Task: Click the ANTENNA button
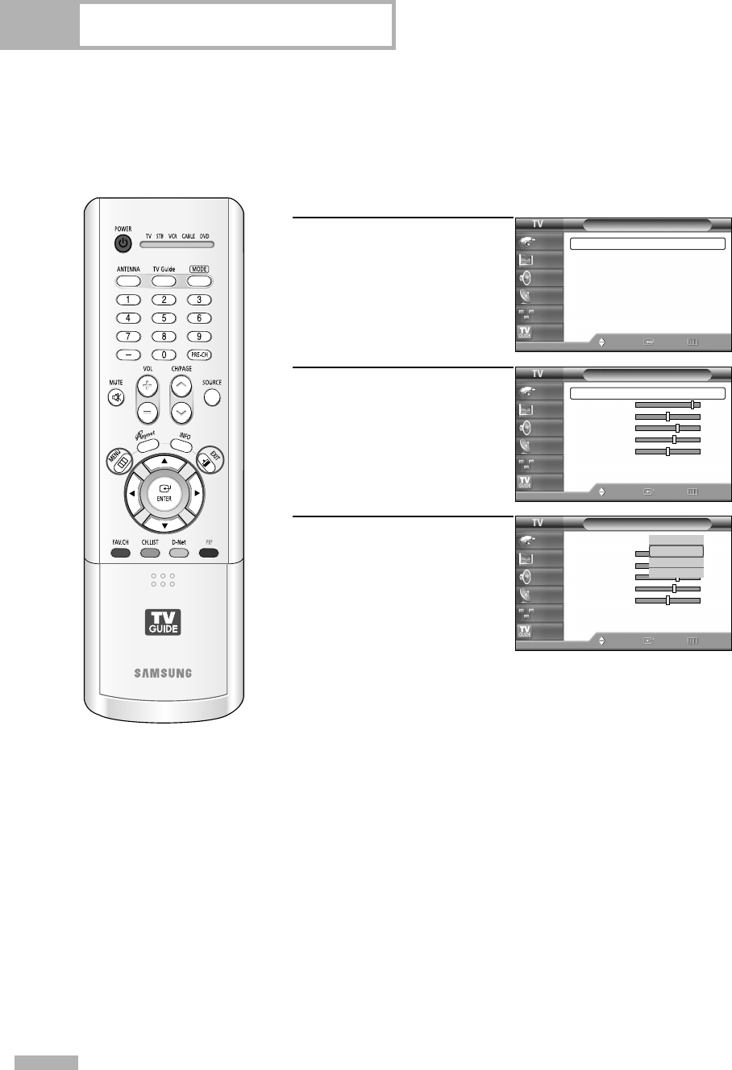[127, 282]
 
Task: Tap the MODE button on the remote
[199, 282]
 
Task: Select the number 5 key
[164, 317]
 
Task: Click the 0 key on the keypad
[164, 354]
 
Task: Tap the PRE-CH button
[199, 354]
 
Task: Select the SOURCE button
[212, 396]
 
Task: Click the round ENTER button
[164, 492]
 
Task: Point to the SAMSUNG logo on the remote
[164, 650]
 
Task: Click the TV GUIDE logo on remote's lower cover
[164, 620]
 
